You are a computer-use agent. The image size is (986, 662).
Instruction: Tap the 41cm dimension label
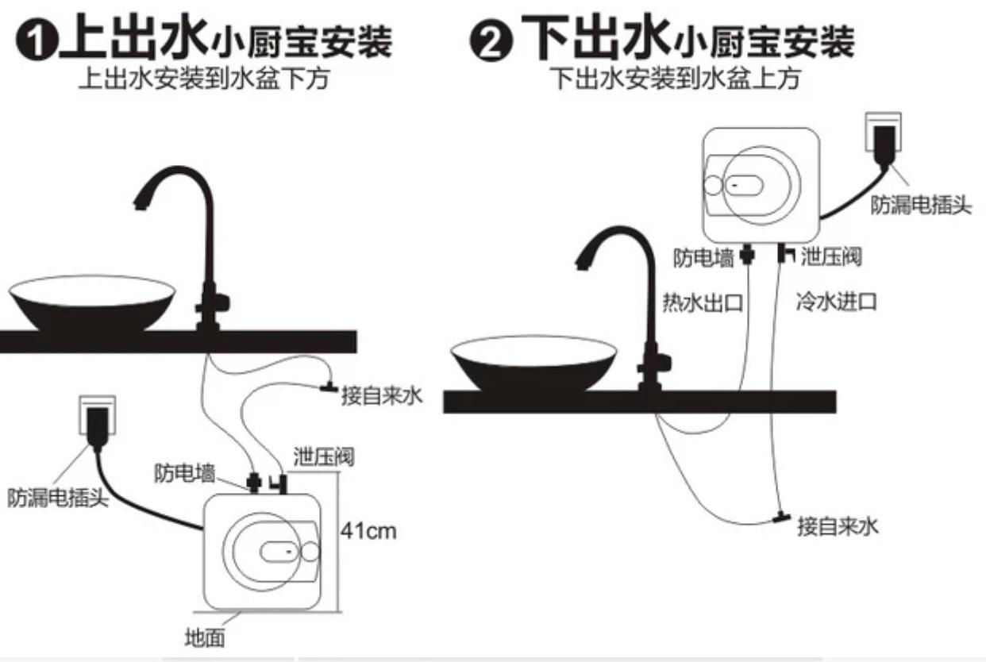tap(368, 530)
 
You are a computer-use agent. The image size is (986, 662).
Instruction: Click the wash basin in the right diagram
tap(533, 362)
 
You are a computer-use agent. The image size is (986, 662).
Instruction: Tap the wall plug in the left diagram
tap(97, 421)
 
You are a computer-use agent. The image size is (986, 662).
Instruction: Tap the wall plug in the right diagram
tap(881, 135)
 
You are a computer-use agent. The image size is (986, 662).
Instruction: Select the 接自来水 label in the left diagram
tap(382, 395)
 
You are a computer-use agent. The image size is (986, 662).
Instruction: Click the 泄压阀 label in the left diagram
tap(323, 456)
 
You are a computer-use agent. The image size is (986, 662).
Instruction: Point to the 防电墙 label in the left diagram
tap(184, 474)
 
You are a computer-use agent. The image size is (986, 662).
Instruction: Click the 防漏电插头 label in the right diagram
tap(921, 206)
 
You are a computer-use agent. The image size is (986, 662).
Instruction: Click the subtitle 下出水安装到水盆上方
tap(675, 79)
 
